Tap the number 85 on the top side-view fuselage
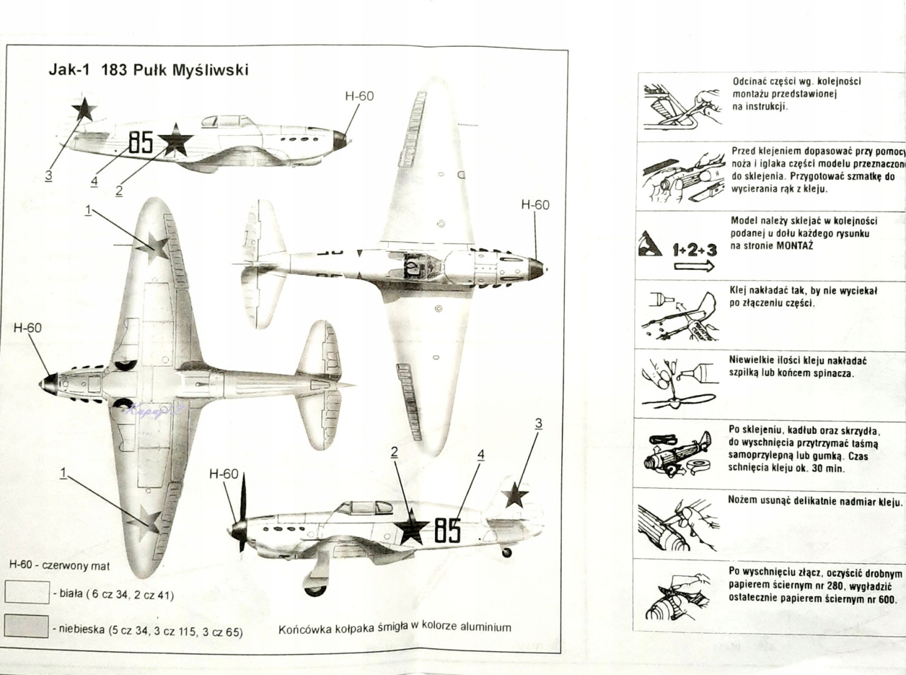click(141, 142)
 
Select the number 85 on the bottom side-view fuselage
click(447, 531)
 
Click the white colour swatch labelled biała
click(27, 592)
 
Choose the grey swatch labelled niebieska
click(27, 626)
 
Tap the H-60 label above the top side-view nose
click(359, 96)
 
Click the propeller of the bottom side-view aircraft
click(241, 512)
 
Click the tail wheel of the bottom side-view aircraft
click(507, 552)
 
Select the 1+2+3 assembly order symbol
click(694, 250)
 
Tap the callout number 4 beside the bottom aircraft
click(480, 454)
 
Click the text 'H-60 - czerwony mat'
click(59, 566)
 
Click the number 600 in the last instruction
click(886, 598)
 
